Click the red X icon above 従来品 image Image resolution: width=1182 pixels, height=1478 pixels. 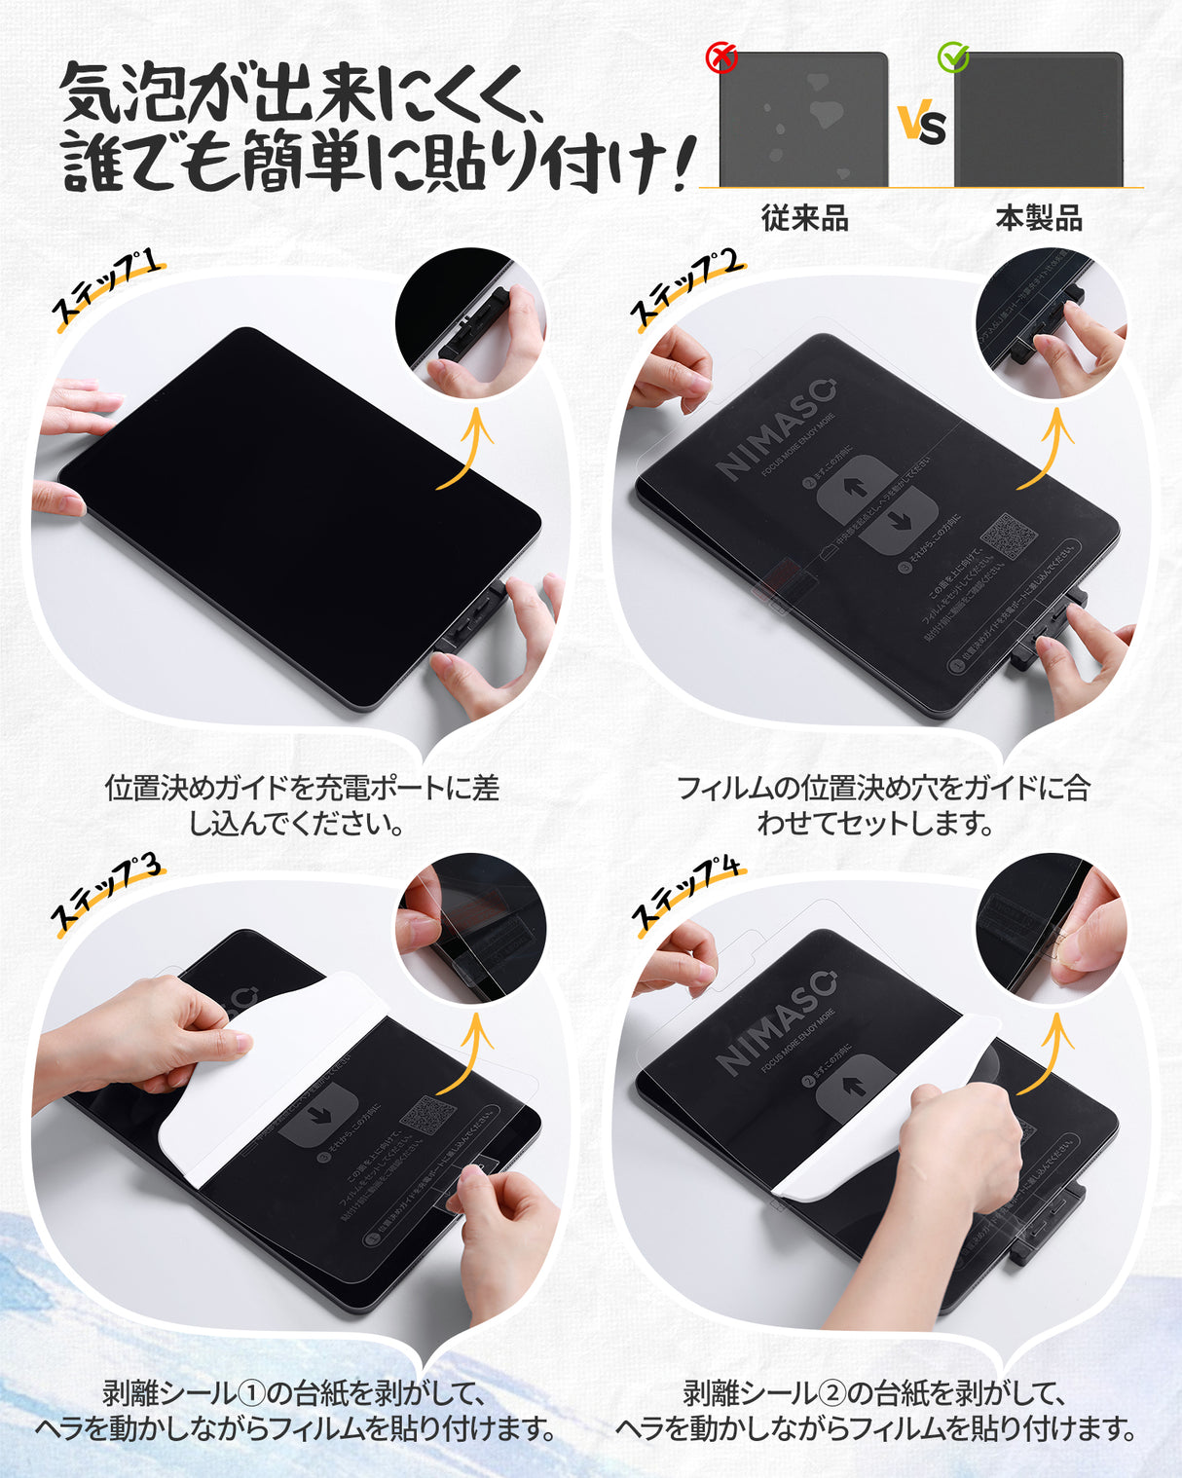point(720,58)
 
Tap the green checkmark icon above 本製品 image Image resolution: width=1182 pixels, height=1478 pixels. point(953,57)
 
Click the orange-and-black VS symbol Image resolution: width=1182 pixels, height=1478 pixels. point(921,125)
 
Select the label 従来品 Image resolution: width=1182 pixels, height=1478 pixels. point(805,218)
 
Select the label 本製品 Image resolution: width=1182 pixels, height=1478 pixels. point(1039,218)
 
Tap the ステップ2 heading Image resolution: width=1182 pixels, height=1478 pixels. point(687,289)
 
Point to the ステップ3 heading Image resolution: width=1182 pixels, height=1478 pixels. point(105,894)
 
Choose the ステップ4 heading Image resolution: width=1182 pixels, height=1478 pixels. point(687,894)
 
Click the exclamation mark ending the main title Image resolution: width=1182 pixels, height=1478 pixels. point(685,161)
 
